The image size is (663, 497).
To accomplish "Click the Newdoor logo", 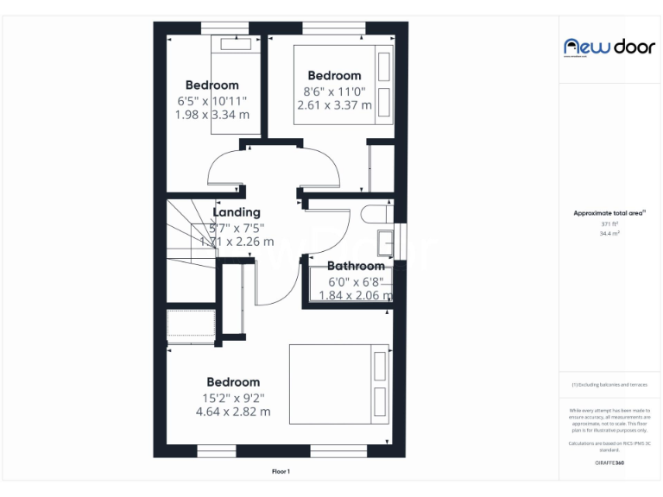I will [609, 47].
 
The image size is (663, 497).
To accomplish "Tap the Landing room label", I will [237, 212].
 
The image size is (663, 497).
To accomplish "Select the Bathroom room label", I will [356, 266].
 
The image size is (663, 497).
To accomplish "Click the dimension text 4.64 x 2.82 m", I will [233, 412].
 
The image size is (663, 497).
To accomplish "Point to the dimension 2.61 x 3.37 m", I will [334, 105].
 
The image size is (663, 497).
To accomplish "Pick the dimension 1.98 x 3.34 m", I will [212, 114].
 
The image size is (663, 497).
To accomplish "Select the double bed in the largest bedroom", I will [339, 383].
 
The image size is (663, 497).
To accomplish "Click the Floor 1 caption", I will [281, 471].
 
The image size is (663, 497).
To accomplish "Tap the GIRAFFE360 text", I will [609, 463].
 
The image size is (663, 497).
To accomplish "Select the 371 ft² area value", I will [609, 224].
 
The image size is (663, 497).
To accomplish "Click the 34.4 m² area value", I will [609, 233].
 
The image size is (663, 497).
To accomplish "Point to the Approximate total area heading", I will [609, 212].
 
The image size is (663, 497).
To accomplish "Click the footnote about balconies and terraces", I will [609, 385].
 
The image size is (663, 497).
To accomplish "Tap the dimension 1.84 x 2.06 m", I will [356, 295].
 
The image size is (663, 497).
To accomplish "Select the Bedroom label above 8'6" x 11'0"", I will [334, 76].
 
